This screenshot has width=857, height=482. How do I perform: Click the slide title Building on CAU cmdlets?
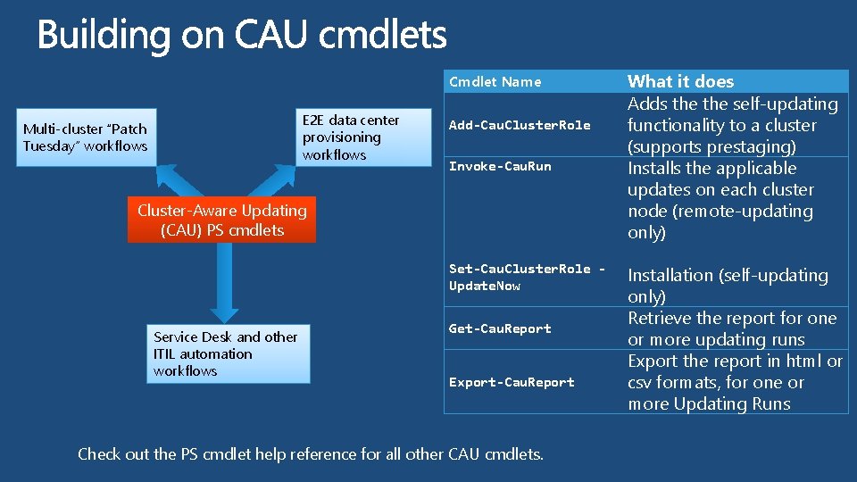coord(241,36)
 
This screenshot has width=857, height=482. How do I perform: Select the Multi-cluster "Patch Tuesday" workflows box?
coord(87,137)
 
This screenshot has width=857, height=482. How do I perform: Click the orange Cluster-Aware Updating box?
coord(221,220)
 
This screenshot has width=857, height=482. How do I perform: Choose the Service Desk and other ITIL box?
coord(228,354)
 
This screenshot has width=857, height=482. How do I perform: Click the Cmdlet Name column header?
coord(495,82)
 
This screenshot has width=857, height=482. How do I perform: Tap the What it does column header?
coord(680,81)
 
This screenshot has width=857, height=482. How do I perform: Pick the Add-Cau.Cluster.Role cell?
coord(520,125)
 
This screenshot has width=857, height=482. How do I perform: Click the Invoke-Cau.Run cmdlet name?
coord(500,166)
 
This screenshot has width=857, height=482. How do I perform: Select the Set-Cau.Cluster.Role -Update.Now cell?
coord(527,277)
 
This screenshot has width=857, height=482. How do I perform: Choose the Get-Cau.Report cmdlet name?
coord(500,328)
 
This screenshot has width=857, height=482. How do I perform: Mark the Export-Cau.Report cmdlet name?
coord(512,382)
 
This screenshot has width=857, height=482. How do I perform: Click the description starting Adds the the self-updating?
coord(732,125)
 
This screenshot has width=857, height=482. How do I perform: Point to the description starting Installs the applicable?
coord(720,200)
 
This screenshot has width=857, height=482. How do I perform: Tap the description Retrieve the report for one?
coord(732,328)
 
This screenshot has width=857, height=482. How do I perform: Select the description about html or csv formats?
coord(734,382)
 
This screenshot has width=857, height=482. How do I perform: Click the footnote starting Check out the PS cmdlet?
coord(310,453)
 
